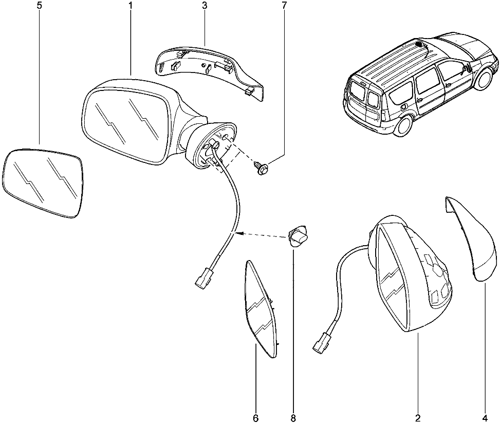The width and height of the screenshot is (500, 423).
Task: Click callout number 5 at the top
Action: (39, 6)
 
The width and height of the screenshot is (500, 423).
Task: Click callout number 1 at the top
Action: (131, 6)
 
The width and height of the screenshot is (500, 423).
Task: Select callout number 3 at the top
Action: (204, 6)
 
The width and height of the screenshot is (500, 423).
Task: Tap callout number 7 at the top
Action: (284, 6)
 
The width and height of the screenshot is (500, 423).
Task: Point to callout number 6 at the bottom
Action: (256, 418)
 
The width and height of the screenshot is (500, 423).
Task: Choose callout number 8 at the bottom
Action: (293, 418)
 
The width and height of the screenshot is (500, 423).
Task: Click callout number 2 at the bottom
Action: (418, 418)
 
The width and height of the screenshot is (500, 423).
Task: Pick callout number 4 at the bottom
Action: (485, 418)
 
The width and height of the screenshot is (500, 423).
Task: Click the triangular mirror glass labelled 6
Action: (260, 309)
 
